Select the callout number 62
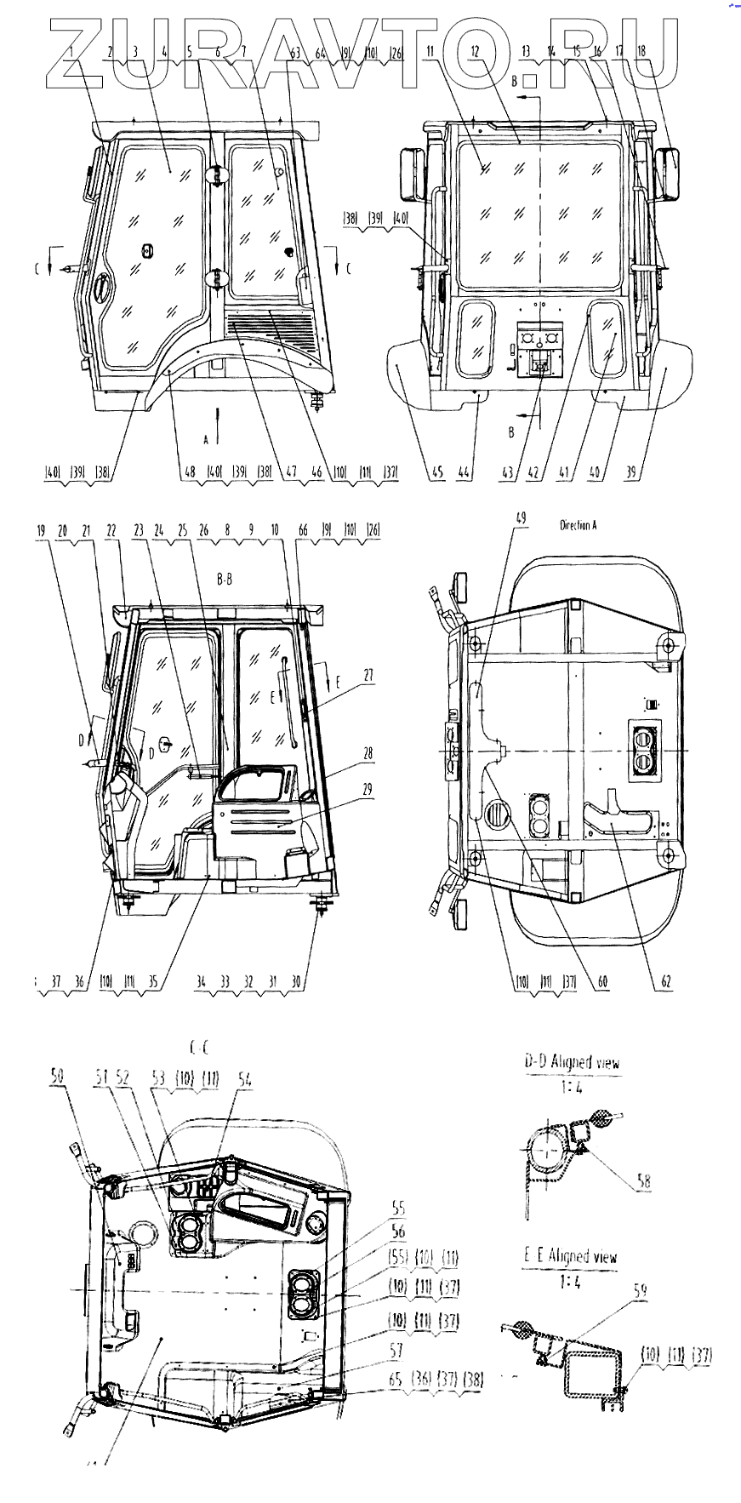(x=666, y=981)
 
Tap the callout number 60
(x=602, y=981)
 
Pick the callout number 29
(x=368, y=789)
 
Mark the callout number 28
(x=368, y=753)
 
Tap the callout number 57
(x=396, y=1349)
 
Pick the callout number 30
(x=296, y=981)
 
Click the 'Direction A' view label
(x=578, y=525)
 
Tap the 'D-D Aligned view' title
(x=572, y=1061)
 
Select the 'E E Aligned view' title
(x=570, y=1255)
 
